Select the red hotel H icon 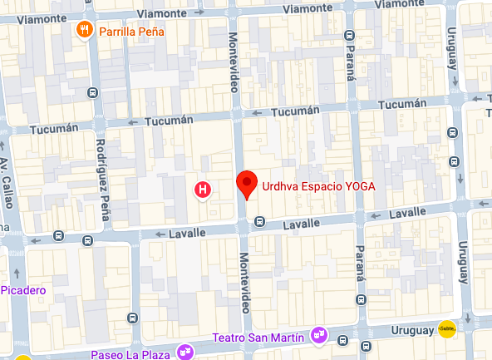click(x=201, y=190)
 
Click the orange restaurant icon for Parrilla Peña click(x=84, y=32)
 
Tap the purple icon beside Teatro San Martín click(x=318, y=335)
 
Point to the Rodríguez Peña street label click(x=101, y=177)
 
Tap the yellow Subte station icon click(x=448, y=329)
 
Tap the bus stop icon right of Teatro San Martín click(x=342, y=339)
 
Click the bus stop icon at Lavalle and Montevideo click(x=260, y=221)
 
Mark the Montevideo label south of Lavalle click(x=247, y=282)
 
